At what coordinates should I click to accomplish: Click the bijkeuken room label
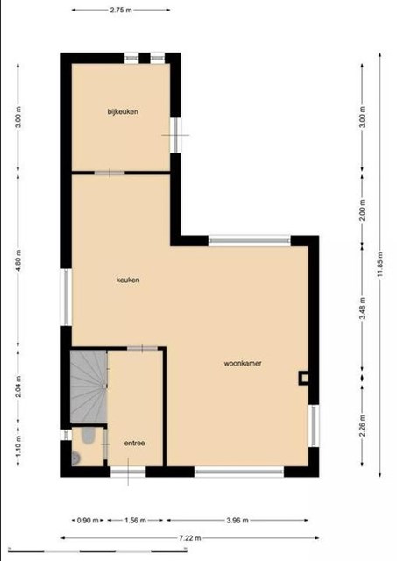click(123, 111)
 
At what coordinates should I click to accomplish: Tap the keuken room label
click(128, 280)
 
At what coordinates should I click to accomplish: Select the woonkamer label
click(243, 363)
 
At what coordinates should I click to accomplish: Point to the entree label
click(134, 443)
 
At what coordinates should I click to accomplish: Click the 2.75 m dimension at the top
click(121, 10)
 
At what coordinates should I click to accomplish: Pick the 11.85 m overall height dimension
click(379, 264)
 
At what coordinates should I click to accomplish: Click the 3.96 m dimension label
click(237, 520)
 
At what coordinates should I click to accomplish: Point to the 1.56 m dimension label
click(135, 520)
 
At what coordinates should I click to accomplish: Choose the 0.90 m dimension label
click(88, 520)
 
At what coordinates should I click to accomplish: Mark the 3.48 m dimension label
click(362, 309)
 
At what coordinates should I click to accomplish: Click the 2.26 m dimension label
click(362, 425)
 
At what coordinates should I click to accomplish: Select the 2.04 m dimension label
click(18, 387)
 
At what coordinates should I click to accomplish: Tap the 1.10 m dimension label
click(18, 445)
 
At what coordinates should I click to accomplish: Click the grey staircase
click(89, 387)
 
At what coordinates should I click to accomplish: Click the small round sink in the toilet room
click(76, 458)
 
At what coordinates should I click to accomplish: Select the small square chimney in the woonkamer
click(304, 378)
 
